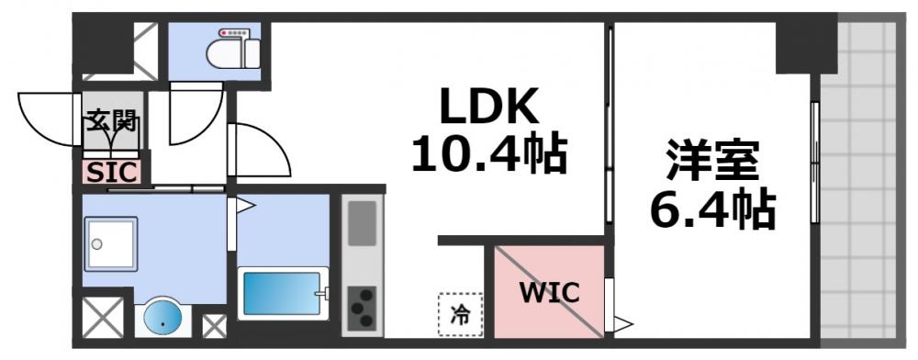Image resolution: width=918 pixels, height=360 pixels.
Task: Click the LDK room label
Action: (487, 109)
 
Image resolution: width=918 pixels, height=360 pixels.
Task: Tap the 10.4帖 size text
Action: (487, 155)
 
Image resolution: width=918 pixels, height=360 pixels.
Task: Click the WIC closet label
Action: (549, 293)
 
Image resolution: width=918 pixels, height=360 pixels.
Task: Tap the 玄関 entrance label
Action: (112, 119)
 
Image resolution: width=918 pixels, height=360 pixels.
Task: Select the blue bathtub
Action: (281, 293)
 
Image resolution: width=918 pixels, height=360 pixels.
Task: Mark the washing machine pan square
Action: (111, 242)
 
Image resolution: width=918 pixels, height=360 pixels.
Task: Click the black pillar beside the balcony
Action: (805, 47)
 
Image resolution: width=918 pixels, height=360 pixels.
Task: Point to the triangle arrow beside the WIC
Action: (622, 323)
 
